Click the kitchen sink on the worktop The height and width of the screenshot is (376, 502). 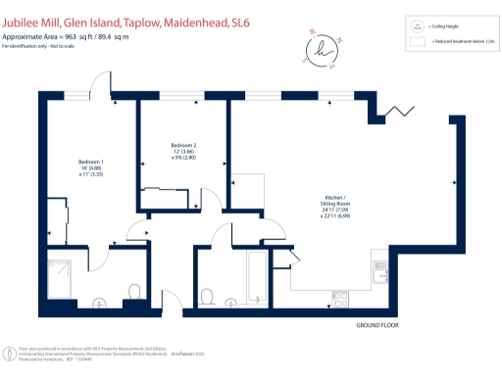click(x=381, y=264)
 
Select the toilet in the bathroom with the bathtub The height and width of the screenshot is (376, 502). click(x=207, y=297)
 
